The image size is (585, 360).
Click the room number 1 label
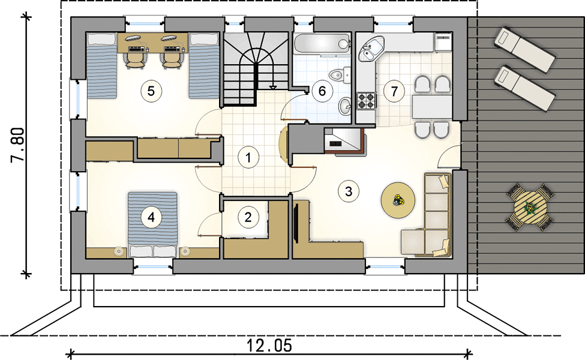pyautogui.click(x=248, y=157)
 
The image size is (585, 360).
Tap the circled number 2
pyautogui.click(x=248, y=217)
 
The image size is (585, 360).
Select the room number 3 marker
pyautogui.click(x=349, y=191)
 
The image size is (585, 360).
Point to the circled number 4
pyautogui.click(x=151, y=217)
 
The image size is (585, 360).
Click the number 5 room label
pyautogui.click(x=151, y=91)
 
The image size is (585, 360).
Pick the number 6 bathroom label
pyautogui.click(x=322, y=91)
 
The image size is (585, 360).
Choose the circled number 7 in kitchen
pyautogui.click(x=394, y=91)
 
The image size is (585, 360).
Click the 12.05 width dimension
pyautogui.click(x=269, y=346)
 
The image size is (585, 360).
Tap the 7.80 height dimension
pyautogui.click(x=17, y=145)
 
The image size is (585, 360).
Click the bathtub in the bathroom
pyautogui.click(x=322, y=44)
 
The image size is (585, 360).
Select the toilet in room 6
pyautogui.click(x=341, y=74)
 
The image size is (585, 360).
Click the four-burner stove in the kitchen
pyautogui.click(x=366, y=100)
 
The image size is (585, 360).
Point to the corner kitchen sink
pyautogui.click(x=370, y=49)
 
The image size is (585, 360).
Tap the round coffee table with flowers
pyautogui.click(x=398, y=200)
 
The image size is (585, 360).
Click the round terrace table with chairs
pyautogui.click(x=530, y=207)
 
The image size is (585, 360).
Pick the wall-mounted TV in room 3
pyautogui.click(x=296, y=223)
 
